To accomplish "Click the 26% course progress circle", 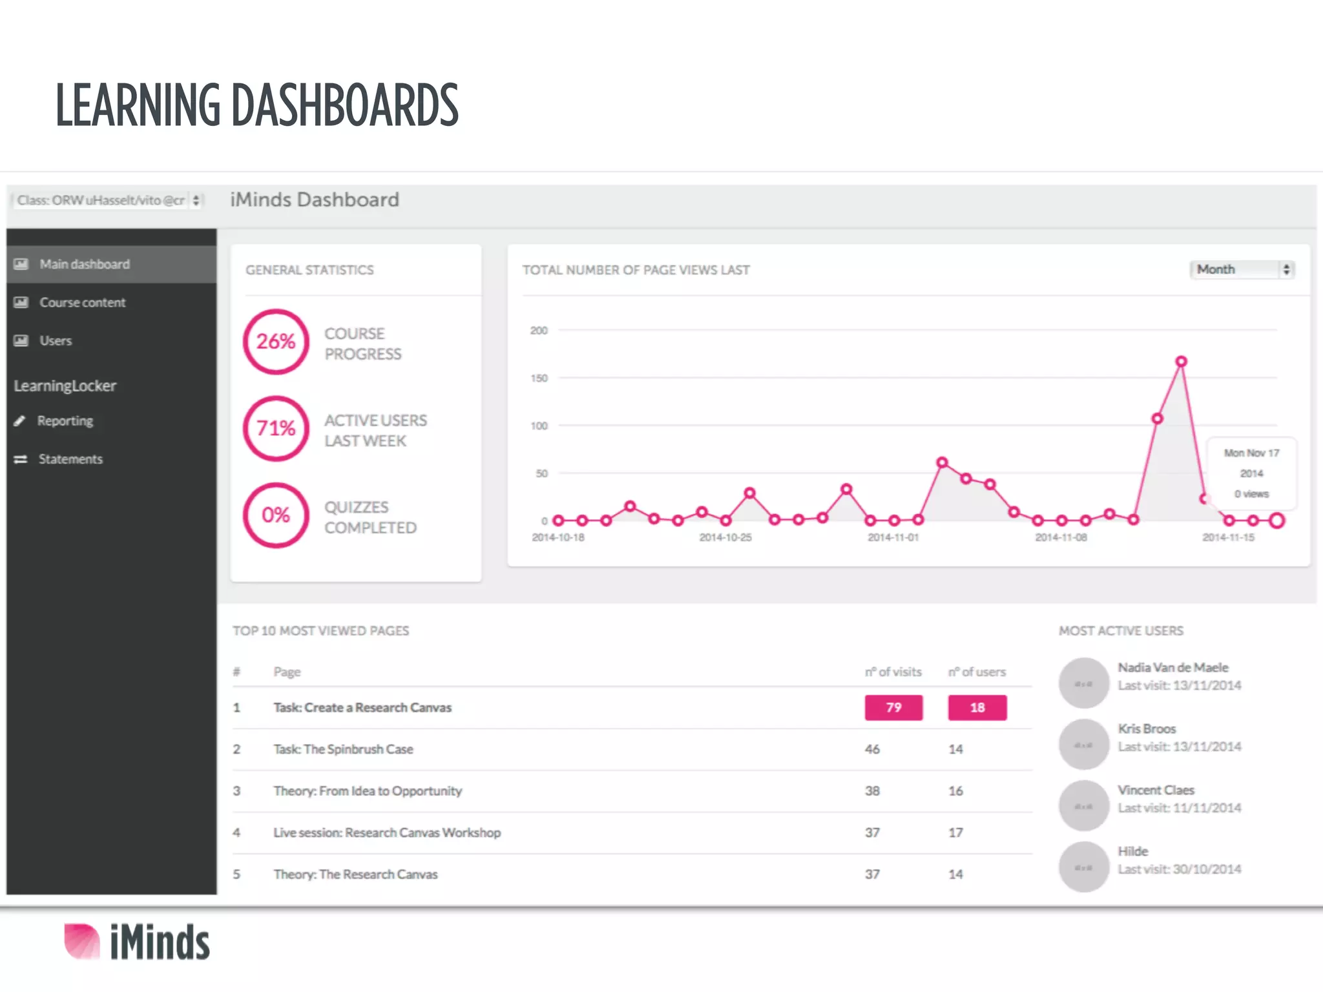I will coord(276,342).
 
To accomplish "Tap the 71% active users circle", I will coord(276,428).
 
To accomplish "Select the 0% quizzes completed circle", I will coord(276,515).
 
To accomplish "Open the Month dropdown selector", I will coord(1242,269).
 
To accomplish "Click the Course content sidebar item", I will coord(82,302).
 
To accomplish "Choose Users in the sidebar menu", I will coord(56,340).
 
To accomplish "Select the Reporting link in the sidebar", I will coord(65,421).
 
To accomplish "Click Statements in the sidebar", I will coord(70,459).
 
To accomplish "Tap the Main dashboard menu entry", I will coord(85,264).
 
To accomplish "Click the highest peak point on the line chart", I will coord(1181,362).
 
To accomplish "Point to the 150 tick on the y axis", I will coord(539,378).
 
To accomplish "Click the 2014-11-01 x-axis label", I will coord(893,537).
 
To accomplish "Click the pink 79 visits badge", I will coord(893,707).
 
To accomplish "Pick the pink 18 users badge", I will coord(977,707).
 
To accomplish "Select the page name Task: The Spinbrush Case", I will coord(343,749).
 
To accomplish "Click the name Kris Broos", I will coord(1147,728).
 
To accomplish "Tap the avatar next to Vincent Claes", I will coord(1084,806).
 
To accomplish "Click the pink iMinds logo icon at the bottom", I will coord(82,941).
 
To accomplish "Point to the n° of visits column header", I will coord(893,672).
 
